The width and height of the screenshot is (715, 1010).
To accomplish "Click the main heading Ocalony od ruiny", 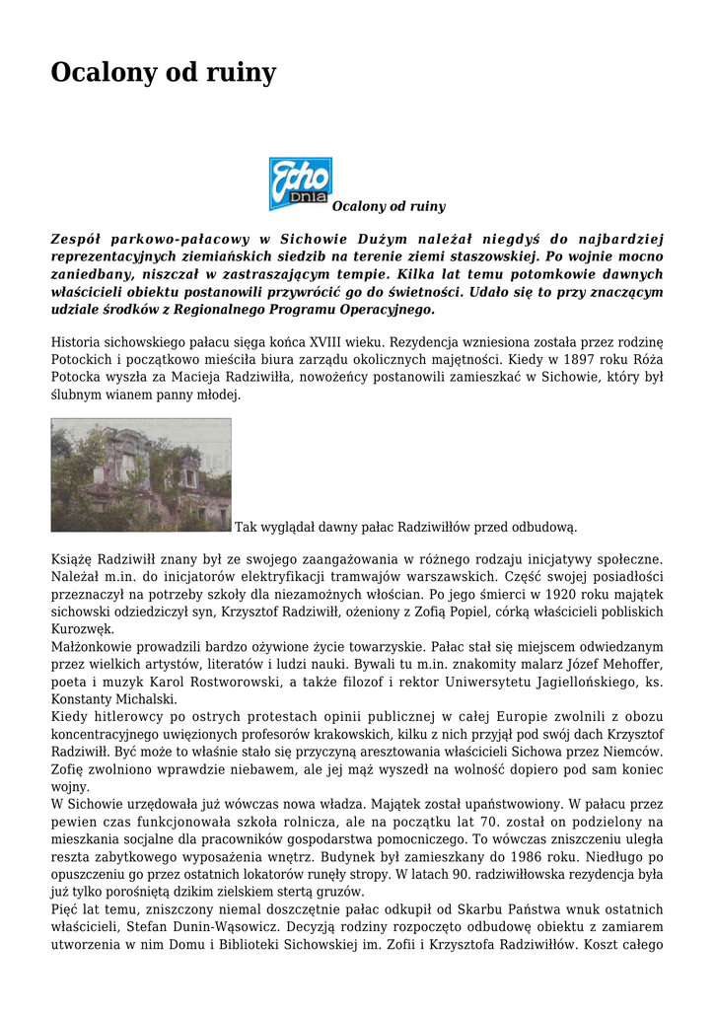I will [164, 73].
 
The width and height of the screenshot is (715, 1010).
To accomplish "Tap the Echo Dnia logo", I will [300, 183].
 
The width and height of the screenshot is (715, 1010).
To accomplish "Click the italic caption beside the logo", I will [389, 206].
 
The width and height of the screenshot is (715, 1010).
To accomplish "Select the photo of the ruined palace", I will [141, 474].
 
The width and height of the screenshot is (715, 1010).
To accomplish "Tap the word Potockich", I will [82, 360].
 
